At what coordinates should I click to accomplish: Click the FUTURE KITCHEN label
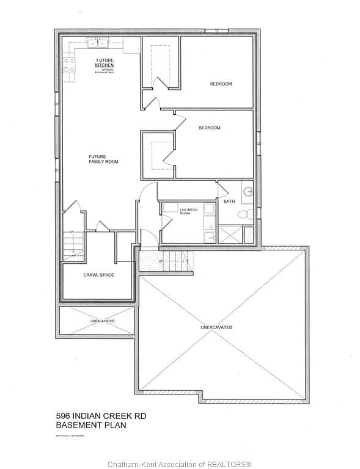click(104, 63)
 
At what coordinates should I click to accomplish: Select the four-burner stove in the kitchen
click(69, 65)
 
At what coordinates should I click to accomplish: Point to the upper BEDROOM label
click(221, 84)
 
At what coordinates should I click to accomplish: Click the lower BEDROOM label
click(209, 128)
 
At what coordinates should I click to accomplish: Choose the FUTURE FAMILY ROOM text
click(103, 159)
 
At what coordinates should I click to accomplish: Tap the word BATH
click(229, 202)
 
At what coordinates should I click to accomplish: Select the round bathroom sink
click(248, 192)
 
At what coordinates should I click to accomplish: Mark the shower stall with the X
click(230, 234)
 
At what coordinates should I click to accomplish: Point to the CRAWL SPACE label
click(98, 275)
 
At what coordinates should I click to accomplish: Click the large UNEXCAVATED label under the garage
click(216, 327)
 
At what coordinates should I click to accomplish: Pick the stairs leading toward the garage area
click(177, 261)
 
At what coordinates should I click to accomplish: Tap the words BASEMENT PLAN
click(90, 425)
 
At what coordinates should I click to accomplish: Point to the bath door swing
click(226, 189)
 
